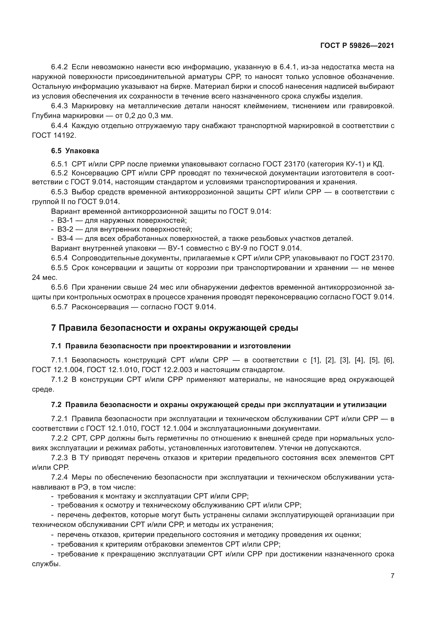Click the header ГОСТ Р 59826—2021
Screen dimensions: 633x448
(357, 45)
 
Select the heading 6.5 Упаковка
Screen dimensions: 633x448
(75, 151)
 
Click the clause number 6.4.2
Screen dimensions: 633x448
(59, 67)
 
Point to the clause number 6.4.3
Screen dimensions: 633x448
(59, 106)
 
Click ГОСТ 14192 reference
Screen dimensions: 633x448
(54, 135)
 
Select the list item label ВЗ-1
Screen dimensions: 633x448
(65, 220)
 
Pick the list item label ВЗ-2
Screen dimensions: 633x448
(65, 229)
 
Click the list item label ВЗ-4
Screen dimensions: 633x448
(65, 238)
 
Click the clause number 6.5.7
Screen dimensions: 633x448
(59, 307)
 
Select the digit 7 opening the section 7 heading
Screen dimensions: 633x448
(54, 328)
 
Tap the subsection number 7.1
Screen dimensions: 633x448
(56, 346)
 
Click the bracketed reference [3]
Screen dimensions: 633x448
(345, 360)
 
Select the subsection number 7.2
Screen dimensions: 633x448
(56, 405)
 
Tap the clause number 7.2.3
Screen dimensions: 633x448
(59, 458)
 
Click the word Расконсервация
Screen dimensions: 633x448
(100, 307)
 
